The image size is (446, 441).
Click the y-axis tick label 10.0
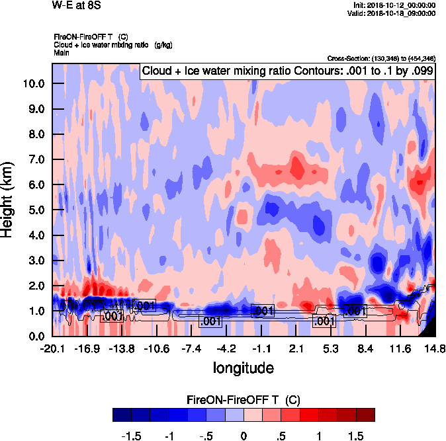click(x=32, y=83)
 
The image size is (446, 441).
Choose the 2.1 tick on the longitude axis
click(x=297, y=348)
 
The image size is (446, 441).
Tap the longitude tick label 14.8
click(x=435, y=348)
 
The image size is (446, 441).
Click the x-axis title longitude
click(x=243, y=367)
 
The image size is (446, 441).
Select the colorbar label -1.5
click(x=134, y=436)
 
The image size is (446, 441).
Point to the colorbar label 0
click(x=244, y=436)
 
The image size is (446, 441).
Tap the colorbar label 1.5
click(x=355, y=436)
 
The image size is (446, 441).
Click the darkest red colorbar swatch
click(x=365, y=415)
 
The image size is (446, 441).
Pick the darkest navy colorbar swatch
click(x=122, y=415)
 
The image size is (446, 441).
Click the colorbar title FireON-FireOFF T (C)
click(x=244, y=399)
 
